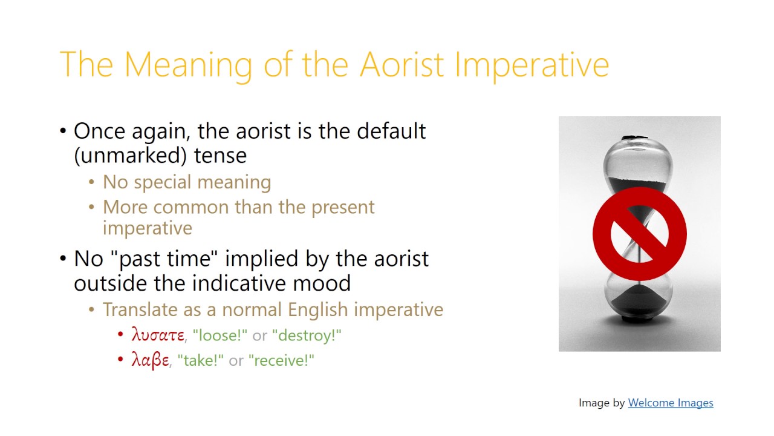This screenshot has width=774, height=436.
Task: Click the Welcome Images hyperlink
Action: [671, 403]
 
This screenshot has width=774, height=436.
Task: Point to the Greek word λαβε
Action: [150, 360]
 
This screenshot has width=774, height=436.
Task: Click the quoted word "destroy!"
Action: [307, 335]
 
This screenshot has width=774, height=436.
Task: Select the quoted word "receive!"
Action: [281, 360]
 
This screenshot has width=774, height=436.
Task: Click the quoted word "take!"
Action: [200, 360]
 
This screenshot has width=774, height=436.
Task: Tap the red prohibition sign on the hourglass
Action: [639, 234]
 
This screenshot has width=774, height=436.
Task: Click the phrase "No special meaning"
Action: [187, 182]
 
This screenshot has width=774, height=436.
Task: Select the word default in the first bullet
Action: [391, 131]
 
